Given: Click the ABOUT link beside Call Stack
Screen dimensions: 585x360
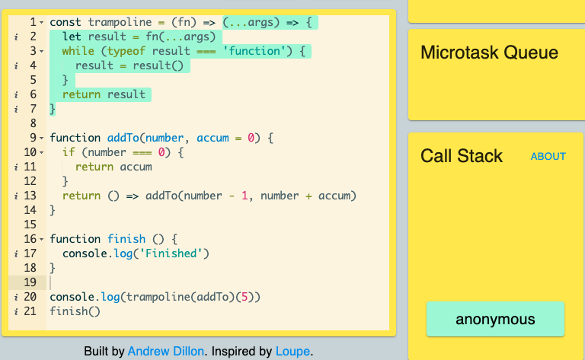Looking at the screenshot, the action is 548,156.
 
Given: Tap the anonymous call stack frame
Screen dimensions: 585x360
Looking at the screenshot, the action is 495,319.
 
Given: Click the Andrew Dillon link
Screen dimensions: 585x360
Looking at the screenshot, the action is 165,351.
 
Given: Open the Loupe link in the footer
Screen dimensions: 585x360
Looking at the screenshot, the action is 292,351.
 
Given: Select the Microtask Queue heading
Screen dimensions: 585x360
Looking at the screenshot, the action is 489,53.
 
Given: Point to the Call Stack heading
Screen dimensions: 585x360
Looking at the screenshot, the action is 462,156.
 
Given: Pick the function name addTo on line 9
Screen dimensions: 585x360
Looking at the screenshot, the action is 123,138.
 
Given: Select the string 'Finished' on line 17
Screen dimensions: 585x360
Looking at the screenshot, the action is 171,253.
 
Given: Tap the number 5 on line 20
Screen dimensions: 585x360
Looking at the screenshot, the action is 245,297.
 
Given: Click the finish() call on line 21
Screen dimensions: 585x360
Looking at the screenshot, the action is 75,311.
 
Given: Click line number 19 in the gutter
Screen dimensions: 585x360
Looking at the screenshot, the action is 30,282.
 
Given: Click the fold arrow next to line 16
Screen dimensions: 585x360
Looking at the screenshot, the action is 41,239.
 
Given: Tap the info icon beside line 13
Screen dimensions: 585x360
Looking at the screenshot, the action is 16,196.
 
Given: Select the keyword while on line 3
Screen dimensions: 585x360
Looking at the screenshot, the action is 78,51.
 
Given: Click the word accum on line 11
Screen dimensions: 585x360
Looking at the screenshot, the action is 136,167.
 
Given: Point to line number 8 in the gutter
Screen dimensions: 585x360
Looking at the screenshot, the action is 34,123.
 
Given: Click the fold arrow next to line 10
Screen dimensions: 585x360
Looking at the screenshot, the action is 41,152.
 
